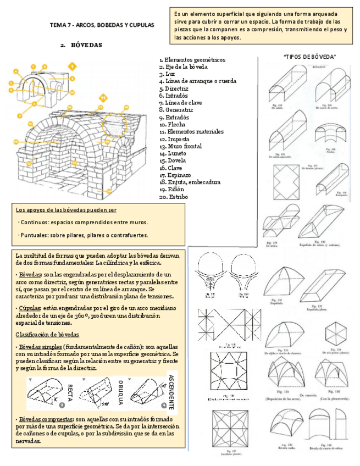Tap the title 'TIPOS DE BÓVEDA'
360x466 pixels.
click(309, 57)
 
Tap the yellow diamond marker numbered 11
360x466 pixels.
click(102, 98)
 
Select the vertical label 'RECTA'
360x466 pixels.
click(70, 391)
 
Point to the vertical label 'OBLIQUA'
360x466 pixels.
click(120, 392)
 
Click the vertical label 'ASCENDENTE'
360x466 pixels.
click(171, 391)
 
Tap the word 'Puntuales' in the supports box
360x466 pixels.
click(35, 235)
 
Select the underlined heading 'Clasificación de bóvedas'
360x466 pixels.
click(47, 334)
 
